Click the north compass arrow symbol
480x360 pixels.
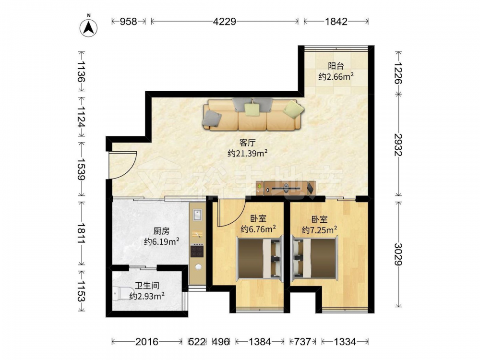point(88,28)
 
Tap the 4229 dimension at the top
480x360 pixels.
point(225,22)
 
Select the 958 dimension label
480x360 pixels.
point(128,22)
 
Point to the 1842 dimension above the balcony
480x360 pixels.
point(336,22)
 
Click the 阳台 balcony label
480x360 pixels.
point(336,66)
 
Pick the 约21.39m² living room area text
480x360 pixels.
point(248,153)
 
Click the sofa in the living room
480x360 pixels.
point(253,114)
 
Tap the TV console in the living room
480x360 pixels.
point(286,188)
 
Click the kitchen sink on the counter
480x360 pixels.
point(197,215)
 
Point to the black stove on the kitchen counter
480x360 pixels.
point(197,251)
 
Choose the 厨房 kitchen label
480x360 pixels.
point(161,231)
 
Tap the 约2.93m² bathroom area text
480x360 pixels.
point(147,296)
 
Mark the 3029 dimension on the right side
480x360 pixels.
point(398,254)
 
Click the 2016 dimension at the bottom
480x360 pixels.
point(147,341)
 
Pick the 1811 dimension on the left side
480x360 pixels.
point(81,233)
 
